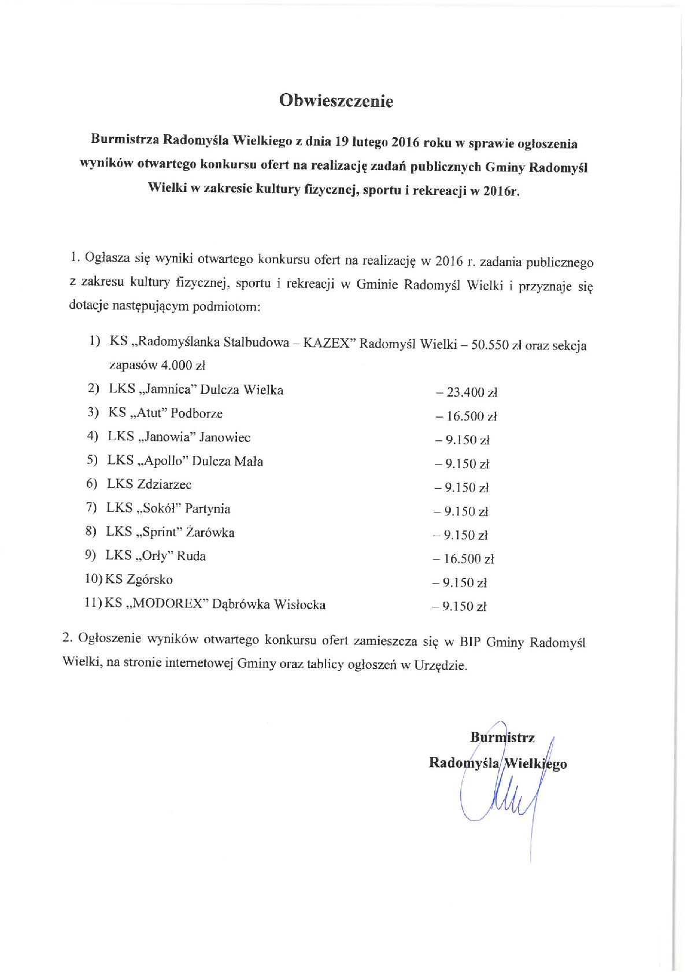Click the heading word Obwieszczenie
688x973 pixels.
336,101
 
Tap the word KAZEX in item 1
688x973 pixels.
327,342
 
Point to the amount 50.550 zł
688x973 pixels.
497,345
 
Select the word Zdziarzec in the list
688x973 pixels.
164,484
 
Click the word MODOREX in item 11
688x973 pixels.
168,604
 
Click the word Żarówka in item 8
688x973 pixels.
212,532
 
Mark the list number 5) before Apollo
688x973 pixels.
93,461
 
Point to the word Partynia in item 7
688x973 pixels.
208,508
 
